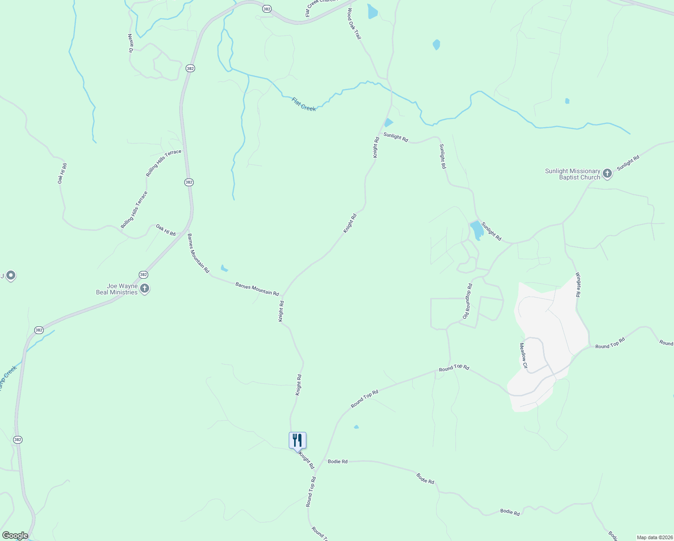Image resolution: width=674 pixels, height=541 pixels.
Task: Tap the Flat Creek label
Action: coord(304,105)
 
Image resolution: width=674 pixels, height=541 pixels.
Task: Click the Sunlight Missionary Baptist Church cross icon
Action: coord(607,174)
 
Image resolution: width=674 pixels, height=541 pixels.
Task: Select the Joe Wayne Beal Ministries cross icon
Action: coord(144,289)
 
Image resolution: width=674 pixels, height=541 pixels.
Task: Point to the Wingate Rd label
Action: coord(578,284)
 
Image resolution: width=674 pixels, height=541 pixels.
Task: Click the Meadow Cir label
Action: coord(523,356)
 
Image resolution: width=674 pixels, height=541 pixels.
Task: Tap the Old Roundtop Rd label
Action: coord(467,301)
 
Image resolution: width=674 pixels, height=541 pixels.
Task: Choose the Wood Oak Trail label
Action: coord(354,24)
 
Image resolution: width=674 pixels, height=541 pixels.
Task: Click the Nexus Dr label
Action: coord(130,43)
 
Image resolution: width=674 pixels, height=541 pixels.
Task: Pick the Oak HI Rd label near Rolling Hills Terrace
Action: coord(166,230)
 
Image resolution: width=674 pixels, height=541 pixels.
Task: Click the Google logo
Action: coord(15,536)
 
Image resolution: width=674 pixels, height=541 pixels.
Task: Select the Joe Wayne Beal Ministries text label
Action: coord(117,289)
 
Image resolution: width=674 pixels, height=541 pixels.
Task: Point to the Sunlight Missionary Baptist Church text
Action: coord(573,174)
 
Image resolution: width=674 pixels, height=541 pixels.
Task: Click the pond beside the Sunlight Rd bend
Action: coord(477,230)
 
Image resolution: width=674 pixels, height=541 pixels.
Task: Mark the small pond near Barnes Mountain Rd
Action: coord(224,268)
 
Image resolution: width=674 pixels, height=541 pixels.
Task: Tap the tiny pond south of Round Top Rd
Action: coord(356,426)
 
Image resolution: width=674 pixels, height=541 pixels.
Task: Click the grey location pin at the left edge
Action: coord(11,275)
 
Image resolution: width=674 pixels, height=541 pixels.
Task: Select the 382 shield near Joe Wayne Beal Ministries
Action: coord(143,275)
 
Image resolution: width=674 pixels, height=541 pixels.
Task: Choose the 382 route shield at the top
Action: coord(267,9)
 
